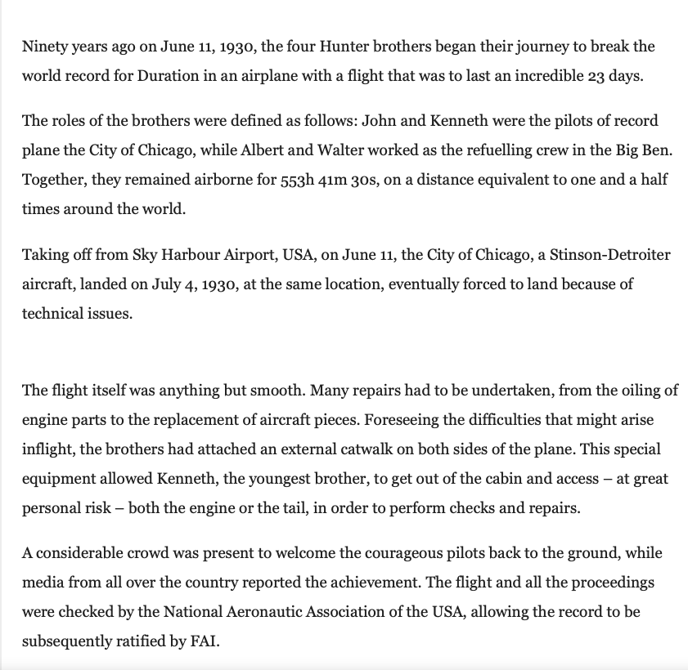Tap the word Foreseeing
pos(401,420)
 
